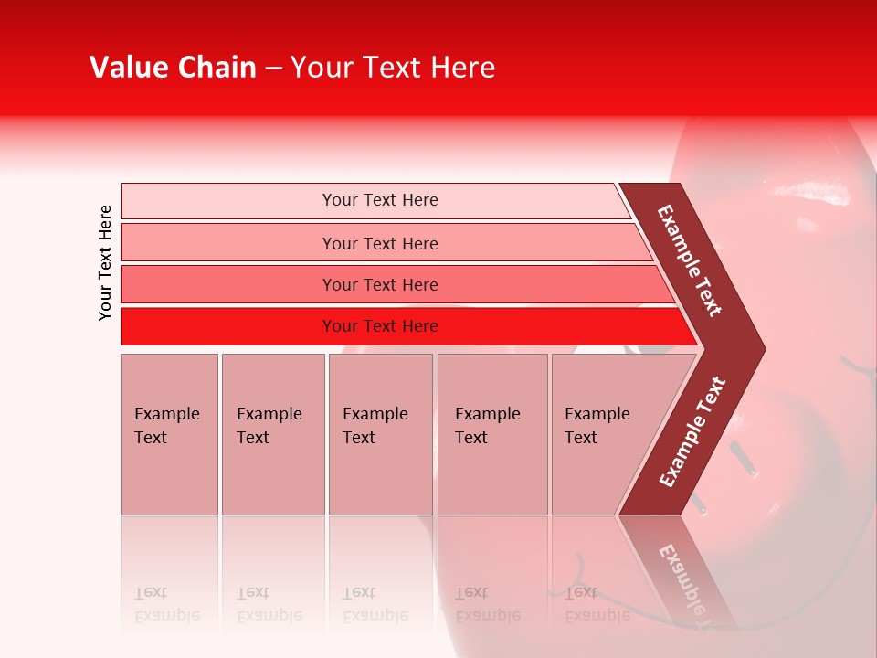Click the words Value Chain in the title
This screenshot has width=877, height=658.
pyautogui.click(x=173, y=68)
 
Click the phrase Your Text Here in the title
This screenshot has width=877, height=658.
pyautogui.click(x=393, y=68)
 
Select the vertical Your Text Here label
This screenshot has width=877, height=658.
pyautogui.click(x=106, y=262)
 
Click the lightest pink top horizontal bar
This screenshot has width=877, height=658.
pyautogui.click(x=379, y=200)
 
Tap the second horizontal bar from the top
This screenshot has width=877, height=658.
pyautogui.click(x=379, y=243)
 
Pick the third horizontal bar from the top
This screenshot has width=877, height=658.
pyautogui.click(x=379, y=284)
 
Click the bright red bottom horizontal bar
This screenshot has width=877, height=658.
pyautogui.click(x=379, y=326)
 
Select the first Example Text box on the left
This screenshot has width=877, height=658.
pyautogui.click(x=169, y=434)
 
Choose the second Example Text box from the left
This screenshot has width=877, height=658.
pyautogui.click(x=272, y=434)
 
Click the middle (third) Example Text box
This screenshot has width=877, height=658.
pyautogui.click(x=380, y=434)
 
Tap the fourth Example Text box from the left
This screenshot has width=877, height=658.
pyautogui.click(x=491, y=434)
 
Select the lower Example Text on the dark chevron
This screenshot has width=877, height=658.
pyautogui.click(x=692, y=432)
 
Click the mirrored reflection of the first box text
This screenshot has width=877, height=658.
pyautogui.click(x=167, y=604)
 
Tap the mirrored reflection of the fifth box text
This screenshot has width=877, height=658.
pyautogui.click(x=597, y=604)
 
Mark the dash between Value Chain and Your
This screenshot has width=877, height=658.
pyautogui.click(x=272, y=69)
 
